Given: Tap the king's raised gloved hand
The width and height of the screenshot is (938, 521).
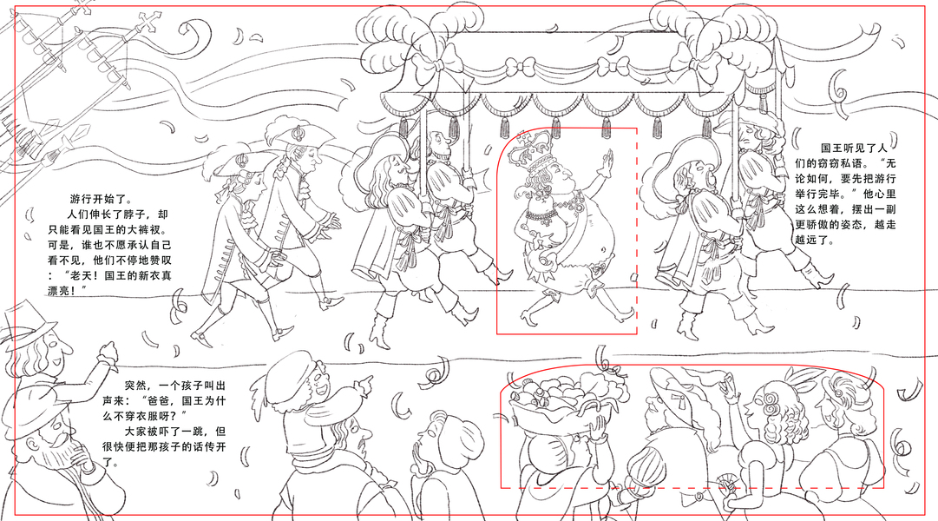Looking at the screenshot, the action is [x=606, y=162].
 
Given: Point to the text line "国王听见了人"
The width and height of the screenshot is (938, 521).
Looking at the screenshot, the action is [x=855, y=148].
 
